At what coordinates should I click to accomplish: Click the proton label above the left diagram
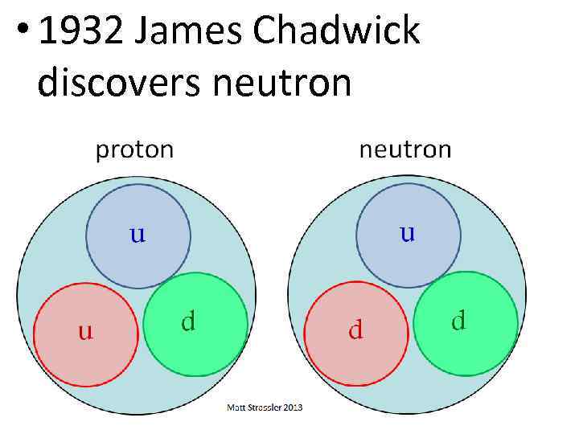134,149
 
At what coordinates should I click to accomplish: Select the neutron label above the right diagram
404,149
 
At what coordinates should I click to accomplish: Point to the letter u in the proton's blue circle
138,235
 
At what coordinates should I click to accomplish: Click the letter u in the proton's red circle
84,330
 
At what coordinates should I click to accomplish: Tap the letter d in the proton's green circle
188,321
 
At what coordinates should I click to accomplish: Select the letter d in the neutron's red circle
355,330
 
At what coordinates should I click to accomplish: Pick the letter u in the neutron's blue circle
408,233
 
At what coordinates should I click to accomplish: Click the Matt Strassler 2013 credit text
265,408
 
